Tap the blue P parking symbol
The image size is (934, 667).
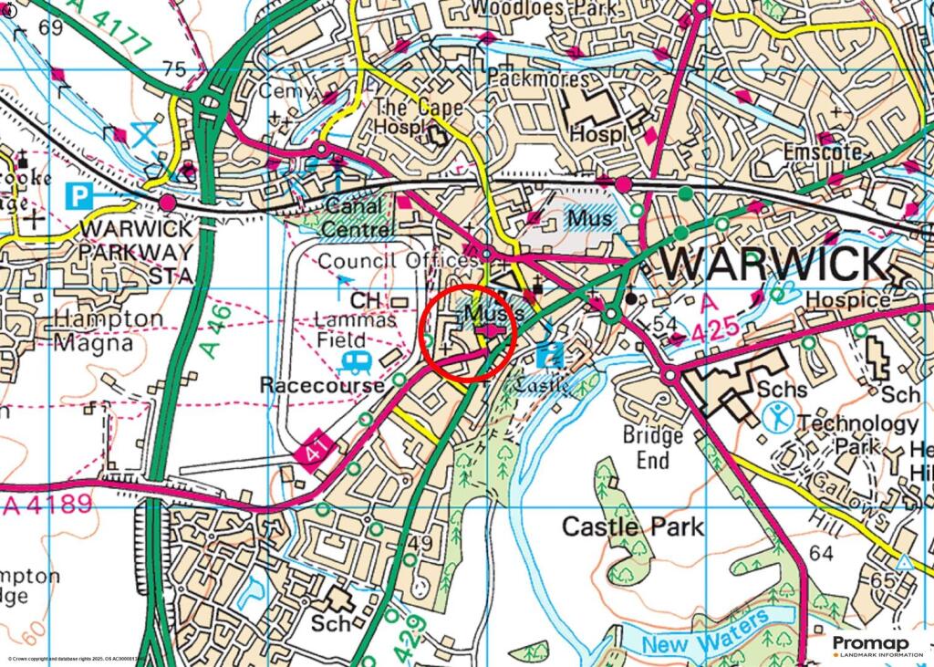pyautogui.click(x=79, y=194)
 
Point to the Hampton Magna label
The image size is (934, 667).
pyautogui.click(x=109, y=330)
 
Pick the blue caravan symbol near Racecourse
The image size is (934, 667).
pyautogui.click(x=357, y=363)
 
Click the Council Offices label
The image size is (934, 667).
pyautogui.click(x=398, y=262)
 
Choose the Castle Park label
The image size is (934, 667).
pyautogui.click(x=632, y=526)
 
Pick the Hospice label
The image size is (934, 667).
pyautogui.click(x=854, y=299)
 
